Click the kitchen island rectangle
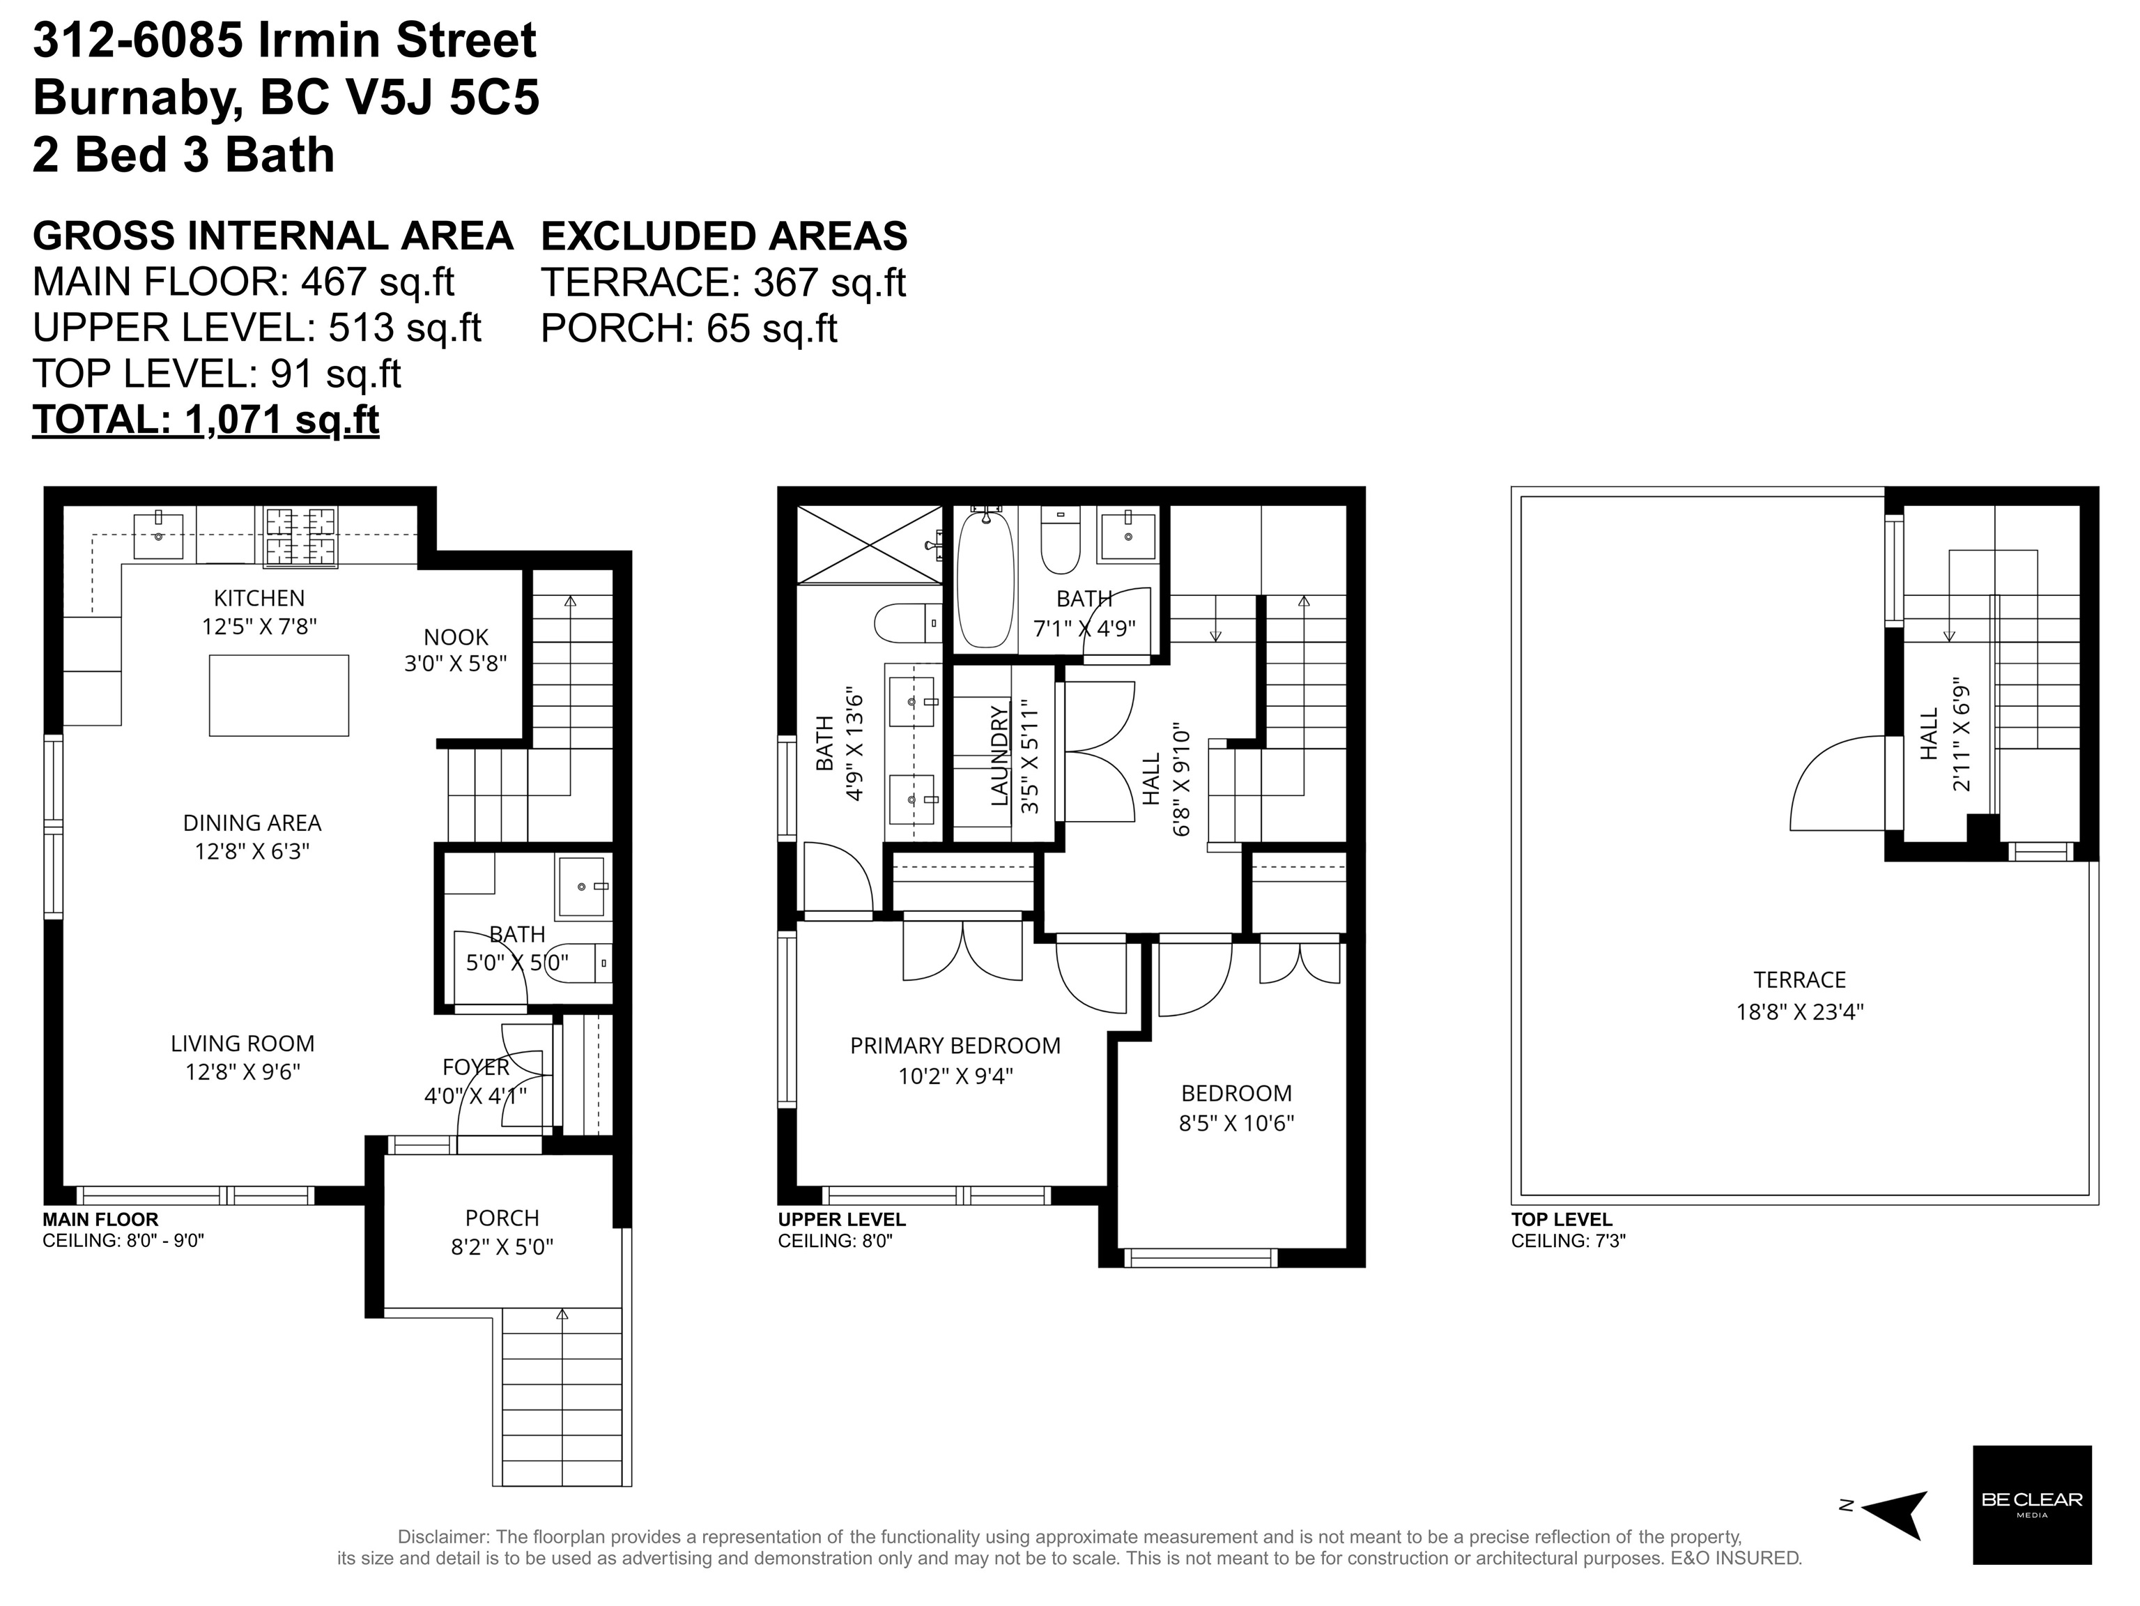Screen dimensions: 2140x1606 pos(279,696)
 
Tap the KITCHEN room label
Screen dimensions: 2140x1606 pos(259,599)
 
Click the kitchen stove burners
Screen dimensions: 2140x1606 pos(301,536)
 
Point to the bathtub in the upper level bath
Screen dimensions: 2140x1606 pos(986,579)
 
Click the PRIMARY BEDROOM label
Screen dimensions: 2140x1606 pos(955,1046)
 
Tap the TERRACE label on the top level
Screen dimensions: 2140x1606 pos(1799,980)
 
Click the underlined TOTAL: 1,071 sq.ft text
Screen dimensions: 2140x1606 pos(206,420)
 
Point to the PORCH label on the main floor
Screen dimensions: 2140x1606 pos(502,1218)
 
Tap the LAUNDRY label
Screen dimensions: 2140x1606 pos(999,756)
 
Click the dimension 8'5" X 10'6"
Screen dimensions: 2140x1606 pos(1236,1122)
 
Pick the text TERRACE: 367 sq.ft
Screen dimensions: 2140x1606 pos(723,282)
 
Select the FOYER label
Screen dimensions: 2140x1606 pos(476,1067)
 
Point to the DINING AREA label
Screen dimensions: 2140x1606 pos(252,823)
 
